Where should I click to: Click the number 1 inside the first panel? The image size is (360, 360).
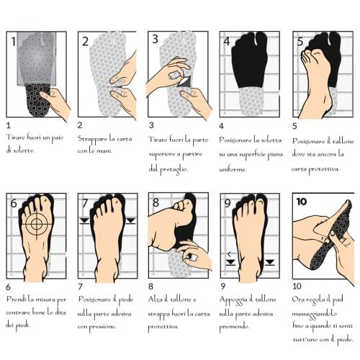(x=13, y=41)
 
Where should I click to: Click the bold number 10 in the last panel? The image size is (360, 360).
(x=302, y=202)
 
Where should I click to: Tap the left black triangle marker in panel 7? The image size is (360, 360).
(x=84, y=220)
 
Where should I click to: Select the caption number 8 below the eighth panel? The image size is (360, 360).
(x=151, y=287)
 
